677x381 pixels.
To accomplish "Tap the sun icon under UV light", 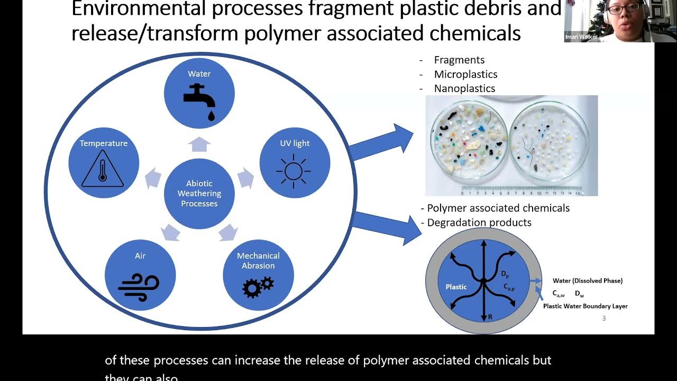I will click(294, 171).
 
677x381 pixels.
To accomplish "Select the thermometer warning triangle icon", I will click(103, 169).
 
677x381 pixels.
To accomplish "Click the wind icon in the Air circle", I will click(139, 286).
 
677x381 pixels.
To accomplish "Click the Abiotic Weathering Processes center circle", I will click(199, 194).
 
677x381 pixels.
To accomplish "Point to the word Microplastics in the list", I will click(465, 75).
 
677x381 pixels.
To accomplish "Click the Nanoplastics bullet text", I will click(464, 89).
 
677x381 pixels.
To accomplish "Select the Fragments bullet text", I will click(459, 60).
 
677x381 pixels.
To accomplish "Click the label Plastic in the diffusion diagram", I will click(456, 287).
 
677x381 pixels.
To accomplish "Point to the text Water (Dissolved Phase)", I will click(588, 281).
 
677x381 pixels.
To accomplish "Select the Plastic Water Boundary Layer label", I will click(585, 306).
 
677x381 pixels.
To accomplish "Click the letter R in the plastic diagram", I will click(490, 317).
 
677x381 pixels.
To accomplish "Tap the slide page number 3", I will click(604, 319).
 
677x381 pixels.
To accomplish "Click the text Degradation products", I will click(479, 223).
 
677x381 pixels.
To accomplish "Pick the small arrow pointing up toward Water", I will click(199, 144).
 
